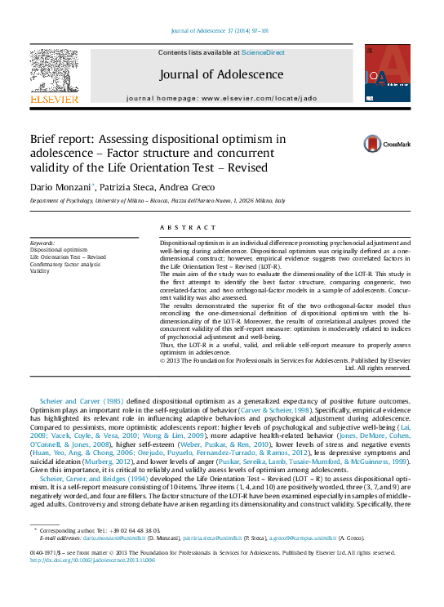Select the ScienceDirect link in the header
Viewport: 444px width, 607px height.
pyautogui.click(x=264, y=52)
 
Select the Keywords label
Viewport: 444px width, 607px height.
pyautogui.click(x=42, y=243)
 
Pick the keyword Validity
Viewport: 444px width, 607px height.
pyautogui.click(x=41, y=270)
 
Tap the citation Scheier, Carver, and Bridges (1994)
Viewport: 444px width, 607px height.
pyautogui.click(x=97, y=478)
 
